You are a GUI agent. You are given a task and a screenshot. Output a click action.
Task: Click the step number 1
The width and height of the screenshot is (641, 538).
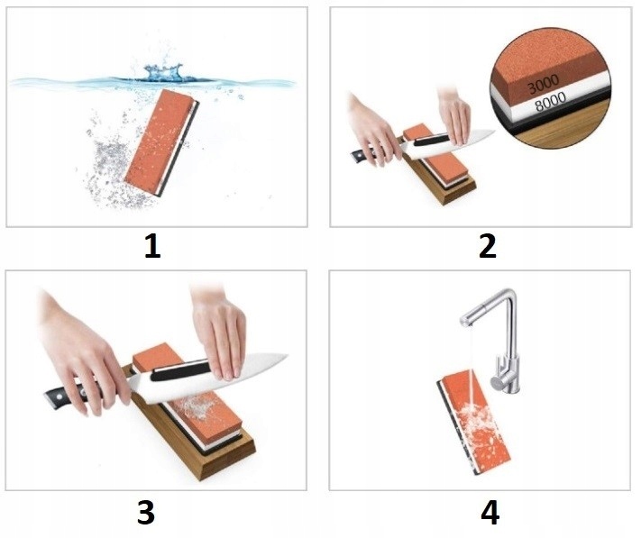[153, 247]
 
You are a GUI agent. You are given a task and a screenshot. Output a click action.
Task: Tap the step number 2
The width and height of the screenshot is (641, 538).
[488, 247]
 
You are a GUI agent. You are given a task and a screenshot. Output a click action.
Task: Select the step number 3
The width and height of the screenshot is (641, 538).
[146, 513]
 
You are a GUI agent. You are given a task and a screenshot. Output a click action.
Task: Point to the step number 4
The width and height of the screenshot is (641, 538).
[490, 513]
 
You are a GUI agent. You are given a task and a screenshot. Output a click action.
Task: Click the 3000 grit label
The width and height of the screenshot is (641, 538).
[543, 84]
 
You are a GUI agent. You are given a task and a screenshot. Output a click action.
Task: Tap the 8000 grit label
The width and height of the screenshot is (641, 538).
[551, 101]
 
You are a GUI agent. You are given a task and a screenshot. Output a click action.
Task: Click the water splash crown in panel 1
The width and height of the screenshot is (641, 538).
[163, 72]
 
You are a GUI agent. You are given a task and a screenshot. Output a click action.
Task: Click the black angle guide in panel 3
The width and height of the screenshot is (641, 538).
[180, 370]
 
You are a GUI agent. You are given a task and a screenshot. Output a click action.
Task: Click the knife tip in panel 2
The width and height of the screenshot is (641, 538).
[494, 132]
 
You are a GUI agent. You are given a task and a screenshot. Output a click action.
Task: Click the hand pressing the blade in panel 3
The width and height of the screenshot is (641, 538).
[219, 332]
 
